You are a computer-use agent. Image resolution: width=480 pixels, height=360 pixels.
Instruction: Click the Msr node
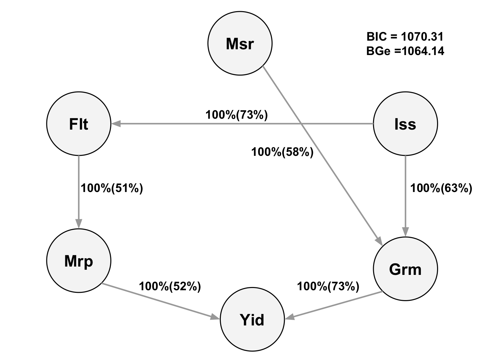[240, 43]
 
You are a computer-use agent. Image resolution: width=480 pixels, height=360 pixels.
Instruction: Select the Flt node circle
[79, 124]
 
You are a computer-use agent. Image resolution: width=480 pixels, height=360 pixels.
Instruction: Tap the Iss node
[405, 124]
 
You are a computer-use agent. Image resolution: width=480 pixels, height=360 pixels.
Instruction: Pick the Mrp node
[79, 261]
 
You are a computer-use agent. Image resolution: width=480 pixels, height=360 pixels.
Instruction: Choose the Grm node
[405, 269]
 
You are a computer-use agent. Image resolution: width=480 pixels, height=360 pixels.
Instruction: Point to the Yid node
[252, 319]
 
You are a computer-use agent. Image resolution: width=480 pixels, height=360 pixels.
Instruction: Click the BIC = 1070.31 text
[405, 36]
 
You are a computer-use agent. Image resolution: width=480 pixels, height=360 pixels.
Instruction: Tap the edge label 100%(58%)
[282, 152]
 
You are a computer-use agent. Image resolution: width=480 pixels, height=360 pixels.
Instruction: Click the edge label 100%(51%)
[112, 188]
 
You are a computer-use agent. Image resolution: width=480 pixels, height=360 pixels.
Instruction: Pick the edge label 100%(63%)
[441, 188]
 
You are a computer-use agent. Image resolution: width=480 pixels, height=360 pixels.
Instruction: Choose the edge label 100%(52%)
[170, 286]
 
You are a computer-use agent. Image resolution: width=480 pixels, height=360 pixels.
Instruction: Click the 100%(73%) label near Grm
[328, 286]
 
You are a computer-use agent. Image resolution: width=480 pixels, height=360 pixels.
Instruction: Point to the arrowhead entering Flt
[116, 124]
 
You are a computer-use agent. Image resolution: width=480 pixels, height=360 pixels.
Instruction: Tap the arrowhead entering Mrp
[79, 223]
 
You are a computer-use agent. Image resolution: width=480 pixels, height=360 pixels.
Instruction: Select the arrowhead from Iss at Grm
[405, 232]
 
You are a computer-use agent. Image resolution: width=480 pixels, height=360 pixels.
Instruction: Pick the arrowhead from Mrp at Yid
[215, 317]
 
